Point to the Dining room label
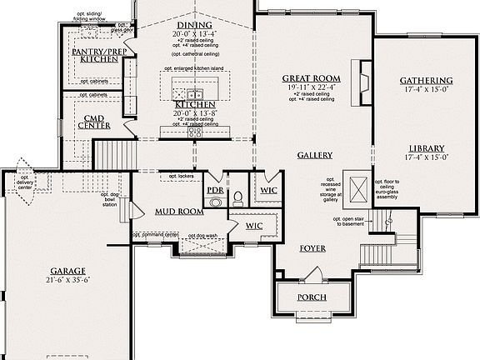click(x=193, y=25)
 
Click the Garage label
click(x=67, y=272)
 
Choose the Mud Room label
click(x=179, y=212)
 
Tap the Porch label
click(x=312, y=297)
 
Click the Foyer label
click(x=312, y=248)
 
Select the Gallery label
click(x=314, y=155)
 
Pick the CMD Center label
click(x=94, y=122)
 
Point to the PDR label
click(x=215, y=190)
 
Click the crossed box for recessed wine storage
click(x=359, y=190)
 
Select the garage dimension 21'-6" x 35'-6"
click(x=67, y=281)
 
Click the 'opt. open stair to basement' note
click(x=346, y=220)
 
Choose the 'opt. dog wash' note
click(x=202, y=236)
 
